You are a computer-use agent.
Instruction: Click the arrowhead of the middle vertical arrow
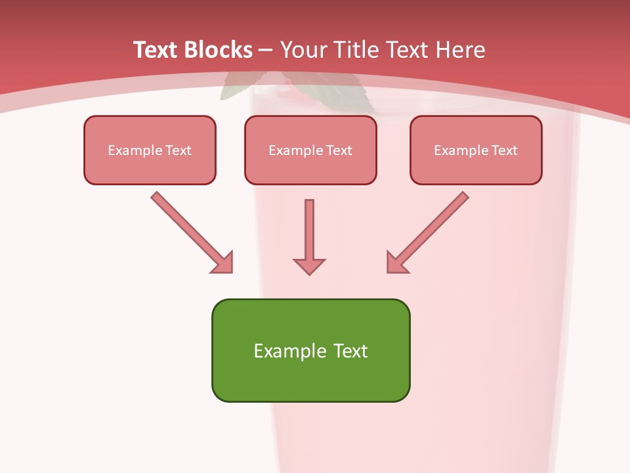click(309, 266)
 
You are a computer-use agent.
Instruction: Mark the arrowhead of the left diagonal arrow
click(223, 263)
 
